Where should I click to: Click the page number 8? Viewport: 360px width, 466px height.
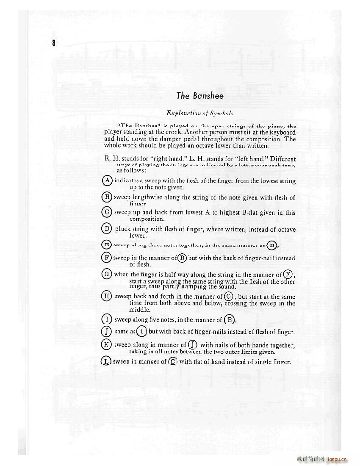tap(54, 43)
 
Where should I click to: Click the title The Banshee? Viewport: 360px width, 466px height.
tap(200, 96)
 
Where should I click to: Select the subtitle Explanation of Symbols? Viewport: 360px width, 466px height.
tap(200, 113)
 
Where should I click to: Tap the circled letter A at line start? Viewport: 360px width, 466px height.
tap(108, 180)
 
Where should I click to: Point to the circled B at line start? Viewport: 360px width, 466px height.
tap(108, 197)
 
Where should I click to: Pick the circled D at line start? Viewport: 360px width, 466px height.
tap(108, 229)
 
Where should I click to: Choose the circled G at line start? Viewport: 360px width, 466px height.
tap(108, 274)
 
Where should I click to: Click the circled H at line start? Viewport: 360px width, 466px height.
tap(108, 296)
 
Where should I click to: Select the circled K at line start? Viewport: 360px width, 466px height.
tap(108, 344)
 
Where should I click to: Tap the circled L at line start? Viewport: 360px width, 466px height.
tap(107, 361)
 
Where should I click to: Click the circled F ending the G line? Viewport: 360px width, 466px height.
tap(288, 274)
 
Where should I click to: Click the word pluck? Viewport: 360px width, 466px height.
tap(122, 229)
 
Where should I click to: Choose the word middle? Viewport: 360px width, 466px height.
tap(140, 310)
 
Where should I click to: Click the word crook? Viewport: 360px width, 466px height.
tap(170, 132)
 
